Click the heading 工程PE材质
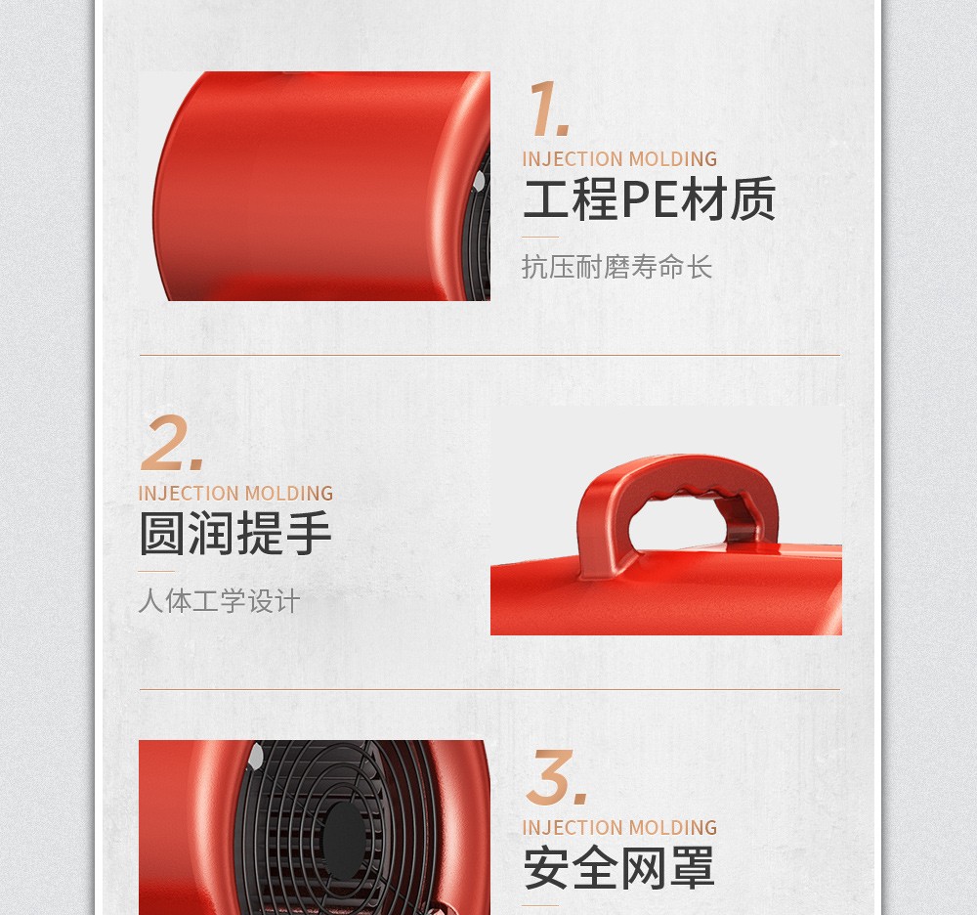[650, 198]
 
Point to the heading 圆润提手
[234, 533]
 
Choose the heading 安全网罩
[618, 868]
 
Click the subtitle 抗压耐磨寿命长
[616, 267]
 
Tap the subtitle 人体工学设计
[219, 601]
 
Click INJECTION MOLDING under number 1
[619, 159]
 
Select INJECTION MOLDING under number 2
[235, 493]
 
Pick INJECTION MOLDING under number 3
[619, 827]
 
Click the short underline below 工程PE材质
[540, 237]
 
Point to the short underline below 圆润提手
[156, 571]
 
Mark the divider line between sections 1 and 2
[489, 355]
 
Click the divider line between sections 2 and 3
[489, 689]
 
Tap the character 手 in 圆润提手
[309, 533]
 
